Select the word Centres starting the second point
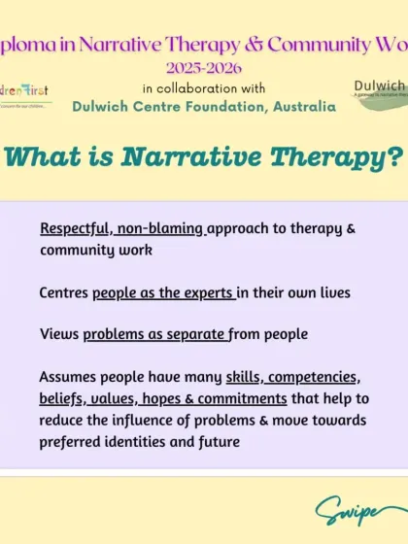pyautogui.click(x=64, y=291)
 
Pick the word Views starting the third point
pyautogui.click(x=59, y=334)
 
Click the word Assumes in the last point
pyautogui.click(x=69, y=377)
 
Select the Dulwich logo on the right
pyautogui.click(x=381, y=93)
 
